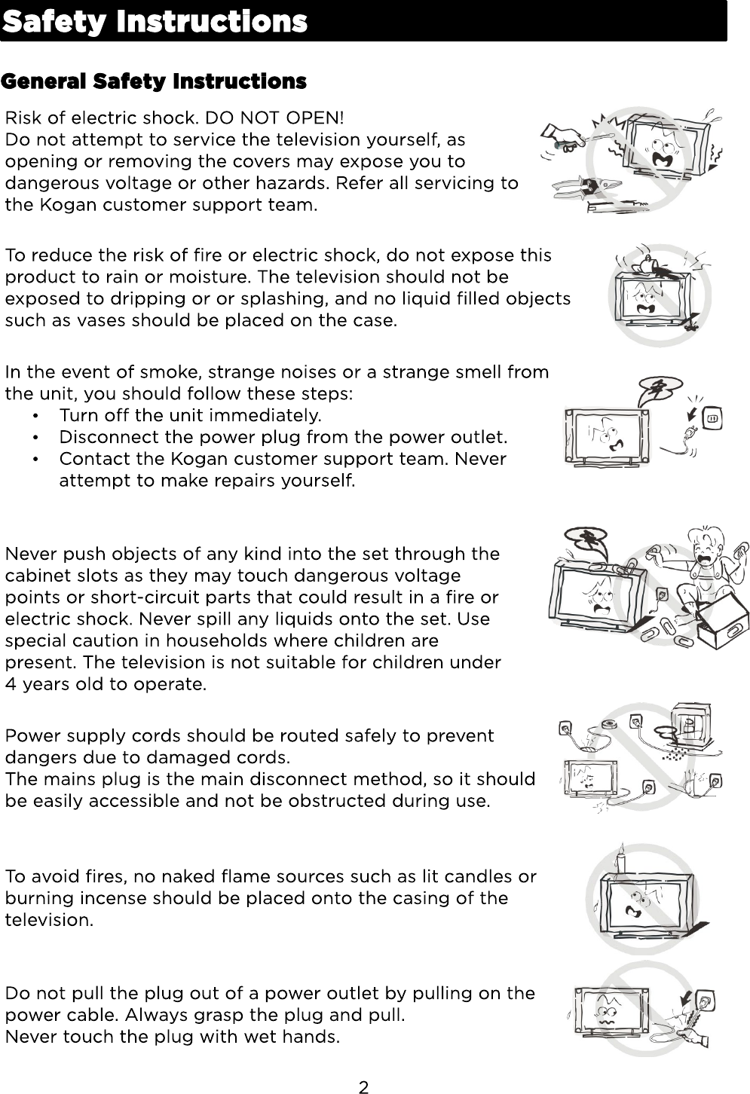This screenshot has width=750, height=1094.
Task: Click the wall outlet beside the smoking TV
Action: click(714, 417)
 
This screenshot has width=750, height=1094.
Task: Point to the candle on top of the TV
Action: click(621, 863)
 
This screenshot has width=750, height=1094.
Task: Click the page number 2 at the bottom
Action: click(364, 1086)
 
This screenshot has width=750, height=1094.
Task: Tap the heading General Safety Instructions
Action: click(155, 81)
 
